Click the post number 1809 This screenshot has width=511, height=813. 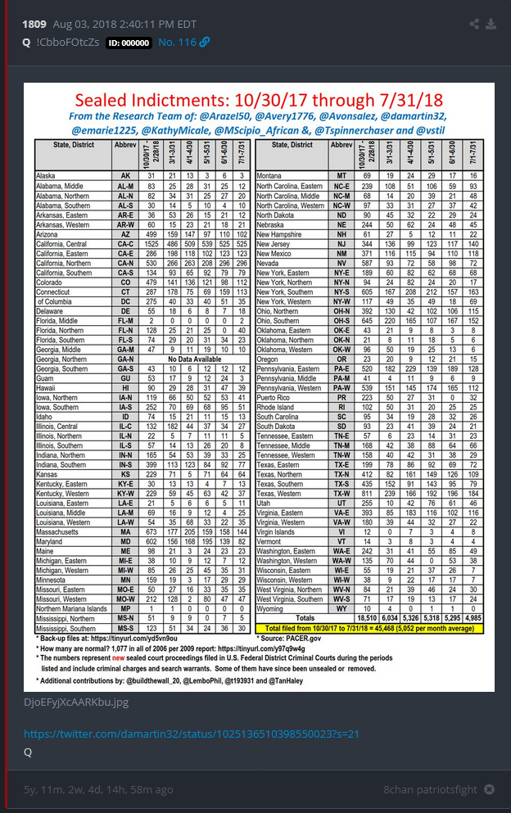tap(34, 24)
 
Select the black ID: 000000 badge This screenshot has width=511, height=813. tap(128, 42)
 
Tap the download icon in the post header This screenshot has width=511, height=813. tap(491, 24)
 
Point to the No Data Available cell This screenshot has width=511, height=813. tap(171, 359)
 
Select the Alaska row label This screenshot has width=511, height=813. tap(46, 176)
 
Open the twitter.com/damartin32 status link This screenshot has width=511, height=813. tap(191, 734)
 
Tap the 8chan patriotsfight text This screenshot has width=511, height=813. tap(430, 789)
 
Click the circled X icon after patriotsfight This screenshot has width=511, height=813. tap(489, 789)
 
